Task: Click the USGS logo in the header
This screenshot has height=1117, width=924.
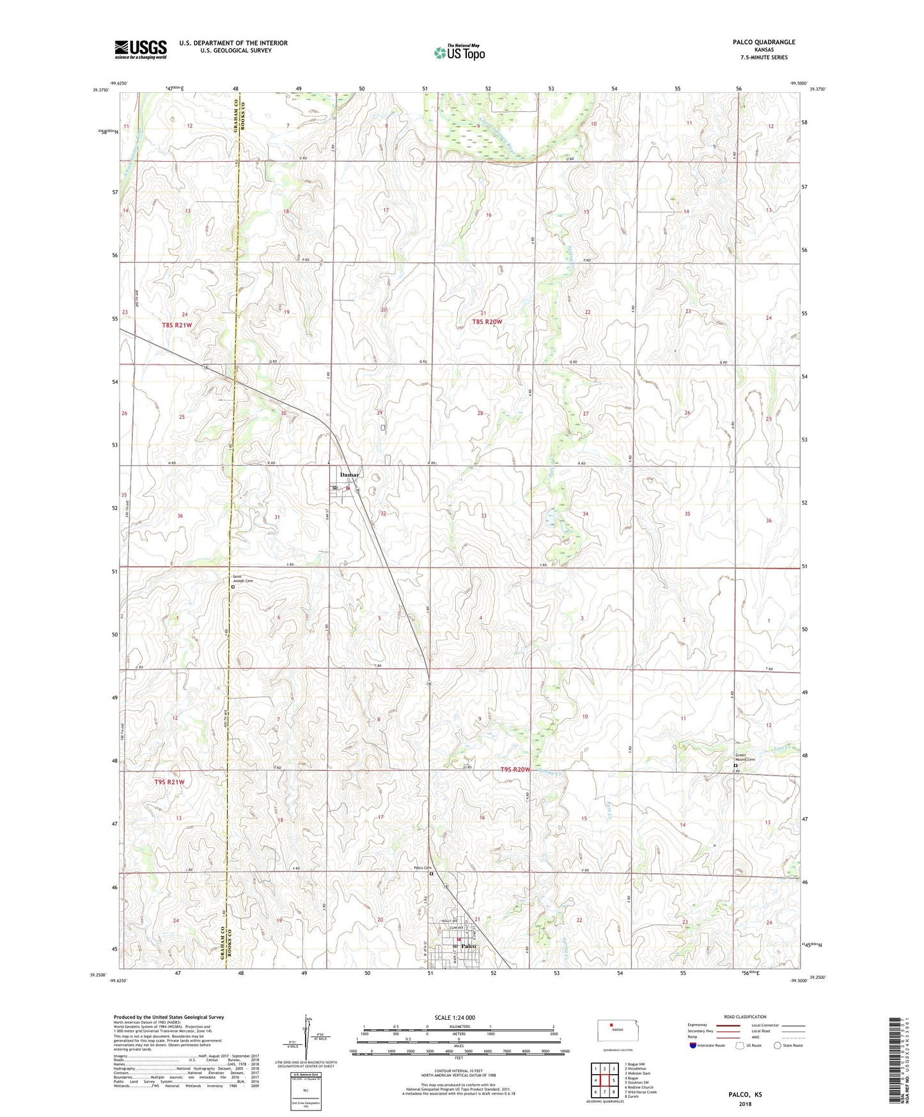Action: pos(141,49)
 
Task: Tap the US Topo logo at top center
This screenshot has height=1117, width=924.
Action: pos(459,52)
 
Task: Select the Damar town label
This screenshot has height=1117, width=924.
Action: pos(350,475)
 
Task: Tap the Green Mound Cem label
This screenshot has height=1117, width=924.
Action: pos(744,757)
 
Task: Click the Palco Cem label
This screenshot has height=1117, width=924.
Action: pos(423,868)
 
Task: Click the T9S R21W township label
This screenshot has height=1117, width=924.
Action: pos(169,782)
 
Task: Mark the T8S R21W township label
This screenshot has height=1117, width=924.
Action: pos(176,325)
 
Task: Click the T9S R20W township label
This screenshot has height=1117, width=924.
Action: pos(515,770)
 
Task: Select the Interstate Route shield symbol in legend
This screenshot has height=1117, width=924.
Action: pos(693,1045)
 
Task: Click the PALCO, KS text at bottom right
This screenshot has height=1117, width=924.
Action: pos(745,1095)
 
